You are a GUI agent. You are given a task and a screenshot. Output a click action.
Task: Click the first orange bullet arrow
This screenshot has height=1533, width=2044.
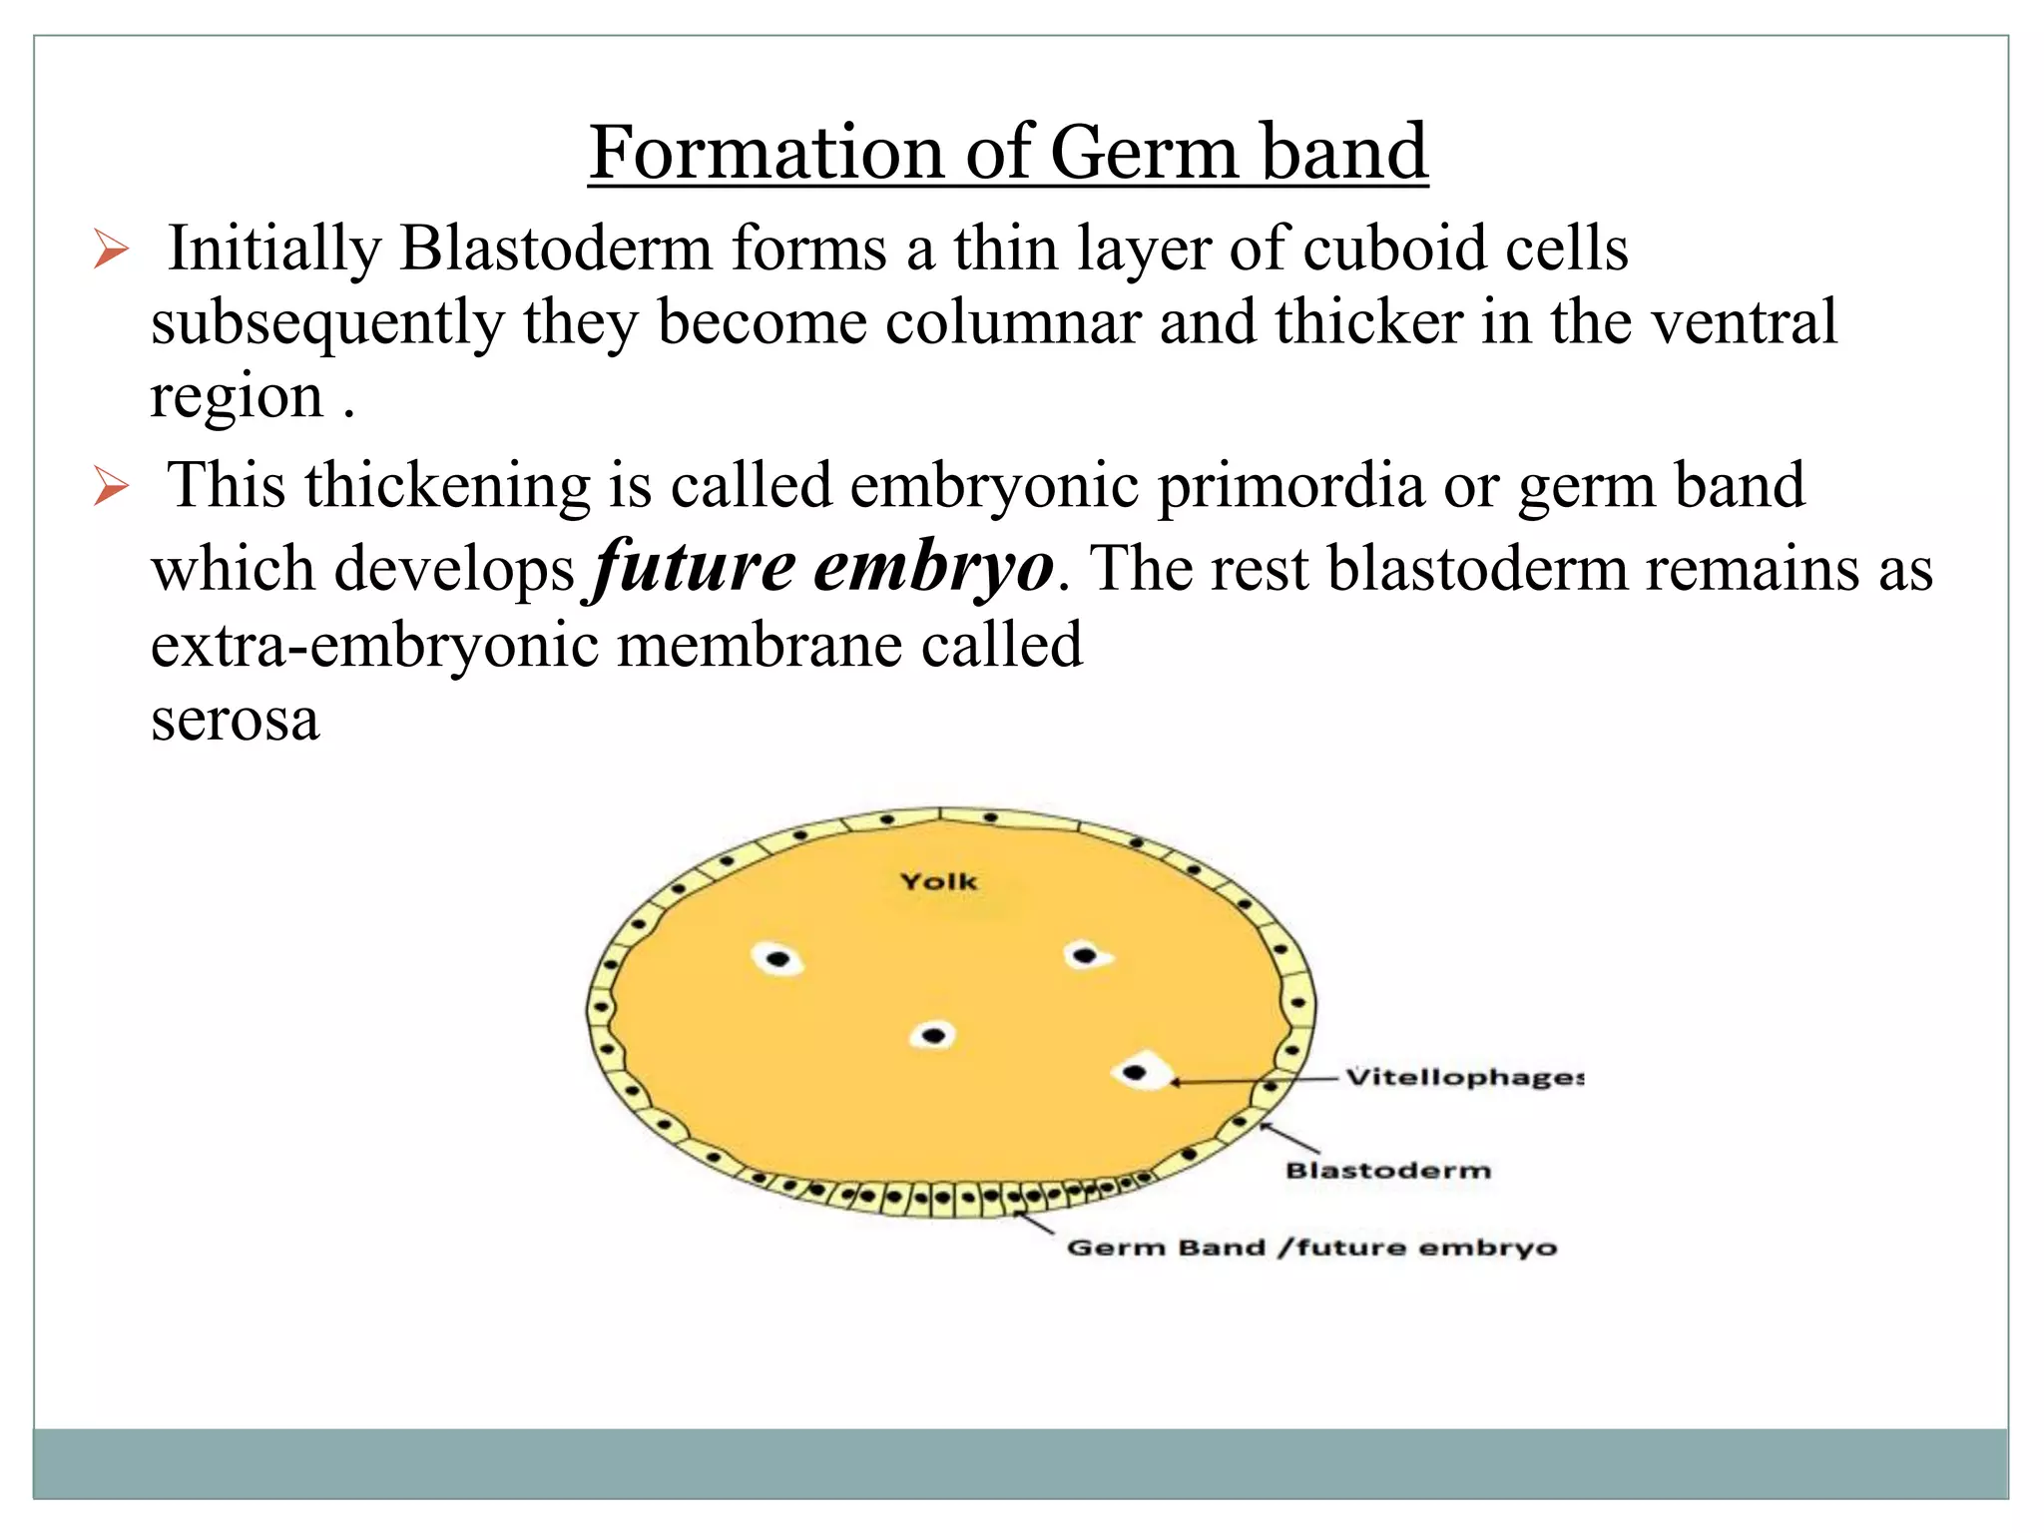pyautogui.click(x=111, y=250)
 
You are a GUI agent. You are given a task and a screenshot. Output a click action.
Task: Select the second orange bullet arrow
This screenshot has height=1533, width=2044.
pyautogui.click(x=111, y=486)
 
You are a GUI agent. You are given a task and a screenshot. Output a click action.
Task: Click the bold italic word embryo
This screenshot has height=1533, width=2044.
pyautogui.click(x=932, y=566)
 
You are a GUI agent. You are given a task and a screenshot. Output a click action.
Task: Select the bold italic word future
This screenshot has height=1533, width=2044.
pyautogui.click(x=694, y=566)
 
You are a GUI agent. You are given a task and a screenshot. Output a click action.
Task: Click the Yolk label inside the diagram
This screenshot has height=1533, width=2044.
pyautogui.click(x=938, y=881)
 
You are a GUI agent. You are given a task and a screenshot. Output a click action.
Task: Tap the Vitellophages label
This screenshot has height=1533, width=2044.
pyautogui.click(x=1463, y=1077)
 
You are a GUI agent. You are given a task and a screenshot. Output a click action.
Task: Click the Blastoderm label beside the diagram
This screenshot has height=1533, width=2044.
pyautogui.click(x=1387, y=1170)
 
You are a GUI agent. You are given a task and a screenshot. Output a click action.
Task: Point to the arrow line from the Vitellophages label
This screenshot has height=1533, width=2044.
pyautogui.click(x=1258, y=1080)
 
